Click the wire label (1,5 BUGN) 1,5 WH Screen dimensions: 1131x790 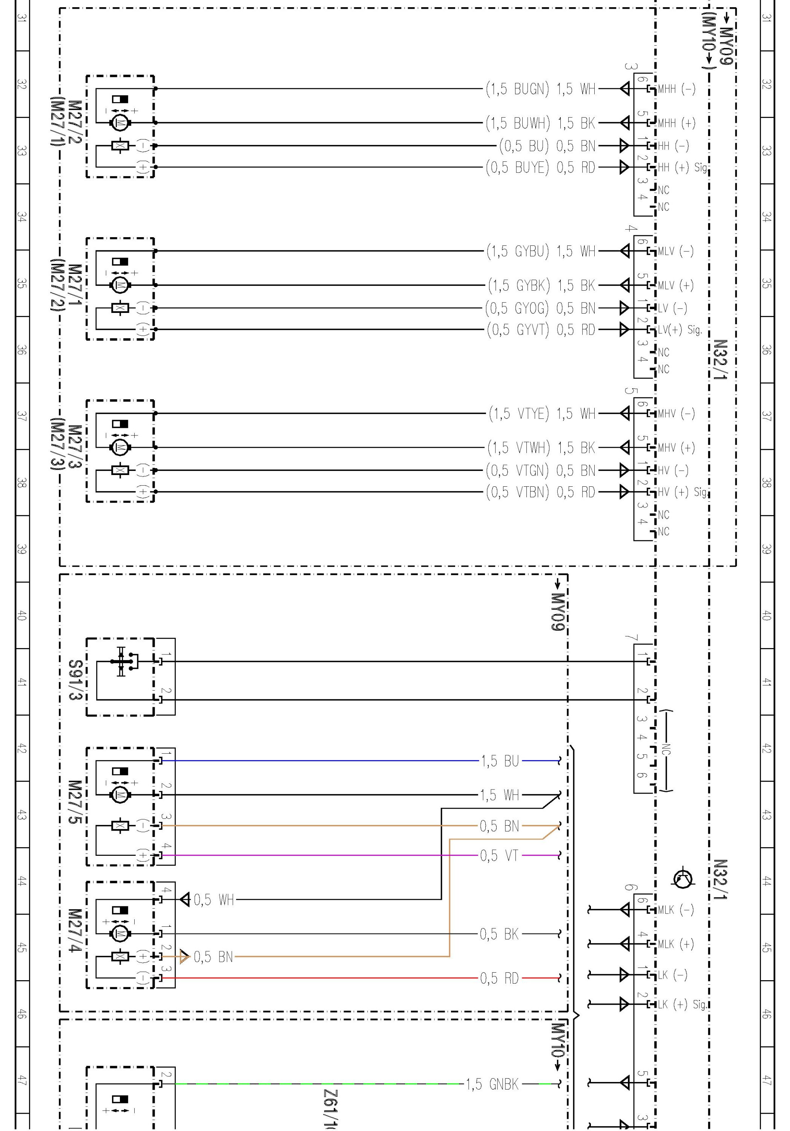tap(541, 89)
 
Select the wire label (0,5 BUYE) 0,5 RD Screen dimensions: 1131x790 tap(541, 167)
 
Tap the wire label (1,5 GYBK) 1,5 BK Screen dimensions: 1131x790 tap(541, 285)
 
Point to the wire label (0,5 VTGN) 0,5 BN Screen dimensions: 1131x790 tap(541, 470)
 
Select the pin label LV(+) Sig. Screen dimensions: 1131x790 tap(680, 329)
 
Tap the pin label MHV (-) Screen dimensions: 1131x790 tap(676, 413)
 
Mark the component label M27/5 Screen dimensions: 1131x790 tap(75, 802)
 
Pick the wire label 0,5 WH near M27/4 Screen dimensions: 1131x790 tap(213, 900)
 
